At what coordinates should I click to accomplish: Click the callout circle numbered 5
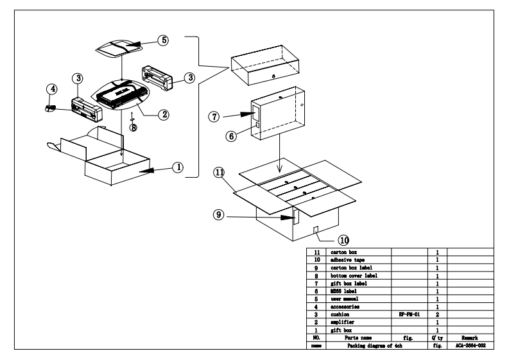point(164,40)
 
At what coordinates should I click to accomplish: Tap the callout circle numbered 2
point(164,115)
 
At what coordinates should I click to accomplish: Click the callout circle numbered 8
point(133,127)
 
